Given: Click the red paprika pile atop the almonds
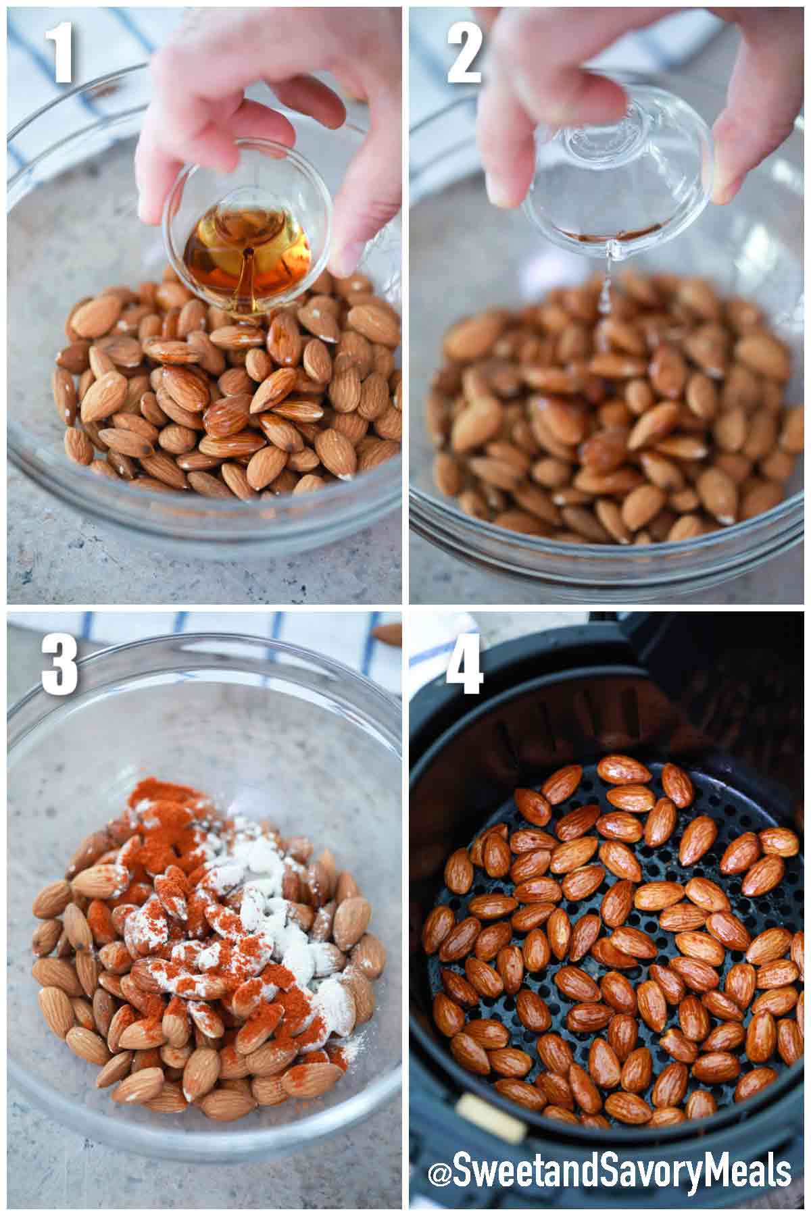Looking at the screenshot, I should (152, 804).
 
